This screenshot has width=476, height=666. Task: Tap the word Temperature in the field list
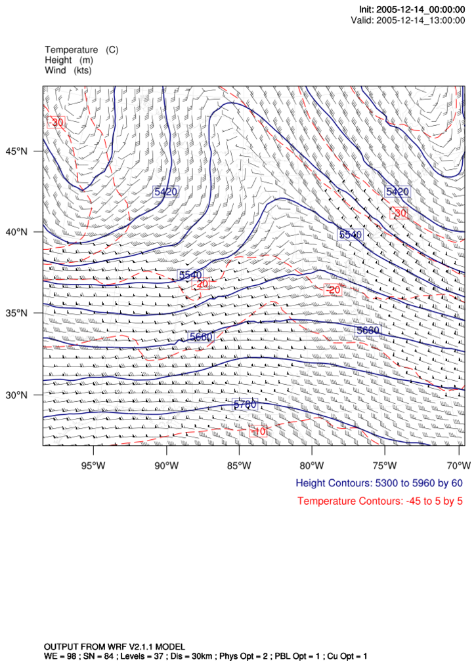coord(71,50)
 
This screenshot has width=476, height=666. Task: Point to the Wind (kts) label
coord(68,70)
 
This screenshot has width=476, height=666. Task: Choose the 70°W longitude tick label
coord(459,466)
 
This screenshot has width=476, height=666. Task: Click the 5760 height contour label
coord(245,404)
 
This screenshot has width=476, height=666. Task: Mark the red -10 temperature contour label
coord(259,431)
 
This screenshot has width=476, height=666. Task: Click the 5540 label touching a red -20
coord(190,275)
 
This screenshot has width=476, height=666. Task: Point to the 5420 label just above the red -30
coord(397,191)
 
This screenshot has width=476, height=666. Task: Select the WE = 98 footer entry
coord(63,656)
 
